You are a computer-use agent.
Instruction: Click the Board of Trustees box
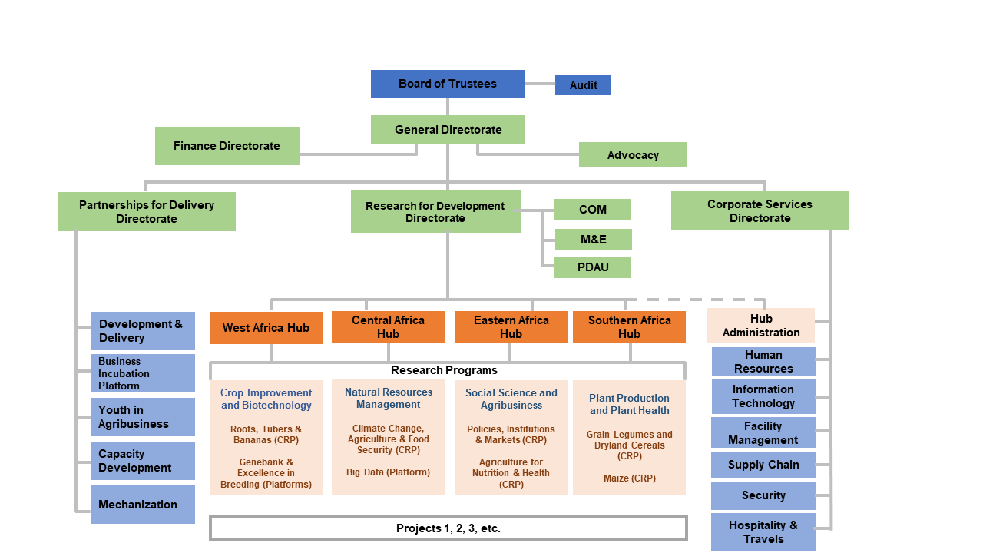point(448,84)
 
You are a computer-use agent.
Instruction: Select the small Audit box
point(583,85)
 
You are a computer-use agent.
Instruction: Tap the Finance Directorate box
point(227,146)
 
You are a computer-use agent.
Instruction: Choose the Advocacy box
point(632,155)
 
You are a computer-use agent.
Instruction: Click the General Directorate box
point(448,130)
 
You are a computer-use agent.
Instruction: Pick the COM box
point(592,210)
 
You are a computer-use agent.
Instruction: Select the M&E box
point(593,240)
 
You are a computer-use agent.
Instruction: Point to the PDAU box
point(592,267)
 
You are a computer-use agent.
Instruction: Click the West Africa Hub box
point(266,328)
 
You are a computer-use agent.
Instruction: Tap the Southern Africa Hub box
point(629,327)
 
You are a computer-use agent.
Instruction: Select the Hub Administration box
point(760,326)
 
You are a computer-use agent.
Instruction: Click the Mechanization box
point(142,505)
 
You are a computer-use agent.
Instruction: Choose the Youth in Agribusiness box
point(142,417)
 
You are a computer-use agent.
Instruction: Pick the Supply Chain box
point(763,465)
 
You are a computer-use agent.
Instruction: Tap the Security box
point(763,495)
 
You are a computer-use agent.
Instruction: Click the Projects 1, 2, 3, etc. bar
point(448,528)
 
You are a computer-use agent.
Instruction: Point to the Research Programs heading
point(444,370)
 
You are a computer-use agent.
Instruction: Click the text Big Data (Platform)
point(388,472)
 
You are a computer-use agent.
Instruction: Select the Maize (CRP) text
point(629,478)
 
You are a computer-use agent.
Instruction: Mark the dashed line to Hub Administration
point(699,300)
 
